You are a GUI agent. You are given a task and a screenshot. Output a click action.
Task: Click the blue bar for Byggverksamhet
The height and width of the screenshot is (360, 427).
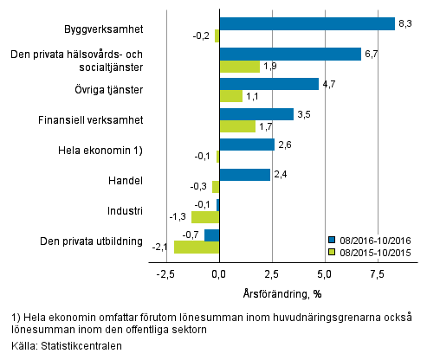(x=307, y=23)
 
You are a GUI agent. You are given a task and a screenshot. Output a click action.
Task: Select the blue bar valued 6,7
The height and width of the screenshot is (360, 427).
(x=290, y=54)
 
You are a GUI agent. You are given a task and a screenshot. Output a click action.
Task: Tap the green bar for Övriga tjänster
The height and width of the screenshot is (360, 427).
(x=230, y=96)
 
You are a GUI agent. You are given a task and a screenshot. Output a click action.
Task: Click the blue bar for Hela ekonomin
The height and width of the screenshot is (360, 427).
(x=247, y=144)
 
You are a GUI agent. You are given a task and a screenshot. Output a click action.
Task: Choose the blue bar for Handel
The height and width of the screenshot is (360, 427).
(x=244, y=174)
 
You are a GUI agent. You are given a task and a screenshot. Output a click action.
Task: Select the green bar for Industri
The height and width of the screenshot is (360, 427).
(x=205, y=216)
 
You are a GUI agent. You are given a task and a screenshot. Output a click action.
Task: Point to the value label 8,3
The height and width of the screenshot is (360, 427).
(x=405, y=23)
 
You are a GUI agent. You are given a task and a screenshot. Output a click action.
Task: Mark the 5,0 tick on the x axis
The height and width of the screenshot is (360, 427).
(x=324, y=274)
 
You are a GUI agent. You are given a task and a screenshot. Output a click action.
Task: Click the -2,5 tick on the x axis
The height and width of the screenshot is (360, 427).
(x=165, y=274)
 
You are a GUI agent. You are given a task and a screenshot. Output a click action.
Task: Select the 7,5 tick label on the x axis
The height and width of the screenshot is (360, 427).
(x=377, y=274)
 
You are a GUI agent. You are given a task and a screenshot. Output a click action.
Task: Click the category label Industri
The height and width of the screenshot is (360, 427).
(x=125, y=210)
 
